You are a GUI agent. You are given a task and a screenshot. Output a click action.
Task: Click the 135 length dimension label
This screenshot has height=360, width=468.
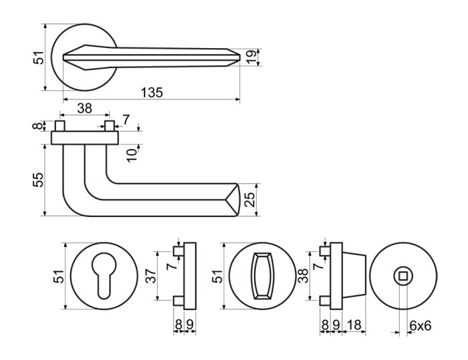coord(152,92)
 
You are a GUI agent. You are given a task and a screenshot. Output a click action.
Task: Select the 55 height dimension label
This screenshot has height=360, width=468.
coord(39,180)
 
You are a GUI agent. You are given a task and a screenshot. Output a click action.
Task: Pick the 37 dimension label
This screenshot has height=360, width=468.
coord(152,276)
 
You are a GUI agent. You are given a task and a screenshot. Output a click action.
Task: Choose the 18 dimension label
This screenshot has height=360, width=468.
coord(354,325)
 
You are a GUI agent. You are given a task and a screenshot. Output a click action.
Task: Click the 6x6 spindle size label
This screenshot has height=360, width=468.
coord(421,325)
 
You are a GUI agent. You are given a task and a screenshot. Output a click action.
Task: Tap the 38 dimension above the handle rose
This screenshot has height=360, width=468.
coord(84,108)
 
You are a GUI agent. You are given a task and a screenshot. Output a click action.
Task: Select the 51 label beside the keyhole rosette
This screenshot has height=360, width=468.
coord(59,277)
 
